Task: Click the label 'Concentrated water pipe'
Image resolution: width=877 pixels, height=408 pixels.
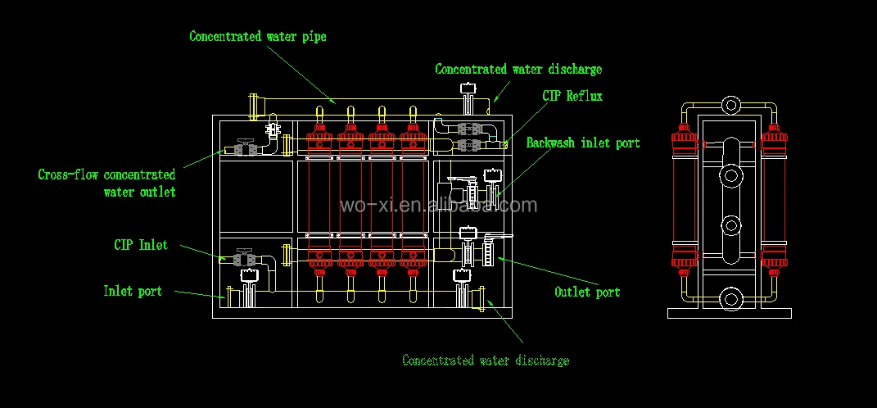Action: pos(257,37)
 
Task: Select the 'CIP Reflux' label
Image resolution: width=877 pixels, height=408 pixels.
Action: pos(572,96)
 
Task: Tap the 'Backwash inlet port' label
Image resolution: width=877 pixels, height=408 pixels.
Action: pos(582,143)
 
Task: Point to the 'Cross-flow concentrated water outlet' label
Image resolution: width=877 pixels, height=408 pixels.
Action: pos(106,183)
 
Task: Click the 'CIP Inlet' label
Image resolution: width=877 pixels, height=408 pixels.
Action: pos(141,245)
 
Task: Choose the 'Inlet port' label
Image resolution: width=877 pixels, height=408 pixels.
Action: pos(133,291)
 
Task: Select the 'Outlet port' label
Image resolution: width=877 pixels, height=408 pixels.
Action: pos(587,292)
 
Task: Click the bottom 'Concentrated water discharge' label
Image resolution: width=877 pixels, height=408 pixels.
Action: pos(486,360)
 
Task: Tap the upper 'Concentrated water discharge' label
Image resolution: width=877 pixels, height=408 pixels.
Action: pos(518,70)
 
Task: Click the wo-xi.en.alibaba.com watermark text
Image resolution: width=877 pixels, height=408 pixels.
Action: pos(438,205)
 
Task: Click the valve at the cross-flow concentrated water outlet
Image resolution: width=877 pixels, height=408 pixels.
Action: pos(242,149)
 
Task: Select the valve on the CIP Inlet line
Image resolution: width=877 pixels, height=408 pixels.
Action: pos(242,258)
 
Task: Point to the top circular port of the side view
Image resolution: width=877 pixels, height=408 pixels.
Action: pos(730,105)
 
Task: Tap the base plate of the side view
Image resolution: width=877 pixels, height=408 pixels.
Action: pos(730,313)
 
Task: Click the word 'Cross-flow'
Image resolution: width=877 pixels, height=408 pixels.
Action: pos(66,175)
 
